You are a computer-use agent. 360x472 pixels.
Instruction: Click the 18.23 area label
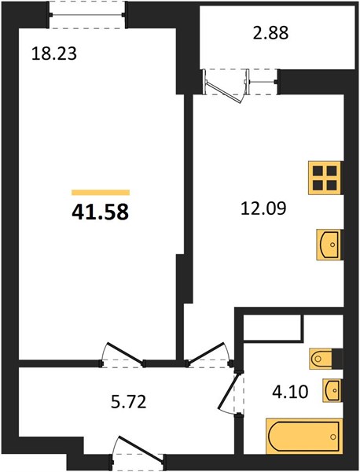pyautogui.click(x=54, y=54)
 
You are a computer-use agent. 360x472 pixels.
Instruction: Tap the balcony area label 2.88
pyautogui.click(x=270, y=33)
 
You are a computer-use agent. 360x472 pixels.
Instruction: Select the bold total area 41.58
pyautogui.click(x=100, y=212)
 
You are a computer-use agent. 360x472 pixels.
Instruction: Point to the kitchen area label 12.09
pyautogui.click(x=263, y=208)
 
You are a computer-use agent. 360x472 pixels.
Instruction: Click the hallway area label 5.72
pyautogui.click(x=128, y=402)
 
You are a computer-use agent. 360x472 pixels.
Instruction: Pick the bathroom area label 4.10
pyautogui.click(x=290, y=393)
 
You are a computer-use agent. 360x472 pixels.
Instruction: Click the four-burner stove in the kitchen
pyautogui.click(x=325, y=178)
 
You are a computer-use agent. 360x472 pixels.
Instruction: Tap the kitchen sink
pyautogui.click(x=329, y=245)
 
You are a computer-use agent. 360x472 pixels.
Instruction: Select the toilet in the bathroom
pyautogui.click(x=321, y=359)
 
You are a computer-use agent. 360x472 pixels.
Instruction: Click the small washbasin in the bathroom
pyautogui.click(x=332, y=390)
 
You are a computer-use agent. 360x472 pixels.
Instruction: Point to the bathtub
pyautogui.click(x=304, y=436)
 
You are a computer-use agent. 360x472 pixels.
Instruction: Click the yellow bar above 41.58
pyautogui.click(x=101, y=193)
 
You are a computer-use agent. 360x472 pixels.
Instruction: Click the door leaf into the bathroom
pyautogui.click(x=230, y=390)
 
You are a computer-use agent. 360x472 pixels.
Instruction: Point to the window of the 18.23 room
pyautogui.click(x=87, y=14)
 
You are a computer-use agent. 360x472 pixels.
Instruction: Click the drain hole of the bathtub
pyautogui.click(x=332, y=436)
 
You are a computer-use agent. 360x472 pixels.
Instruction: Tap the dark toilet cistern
pyautogui.click(x=337, y=359)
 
